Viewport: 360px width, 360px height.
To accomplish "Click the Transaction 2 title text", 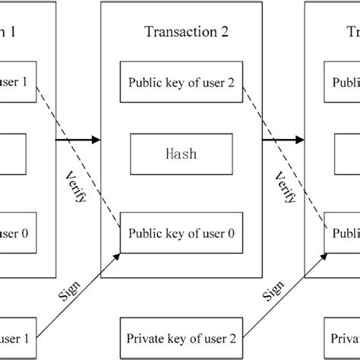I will [x=185, y=31].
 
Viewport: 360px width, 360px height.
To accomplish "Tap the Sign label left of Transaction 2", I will [x=68, y=291].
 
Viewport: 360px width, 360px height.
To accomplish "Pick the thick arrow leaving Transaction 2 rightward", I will [x=285, y=140].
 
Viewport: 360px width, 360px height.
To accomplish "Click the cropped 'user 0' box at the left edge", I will [x=14, y=235].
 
